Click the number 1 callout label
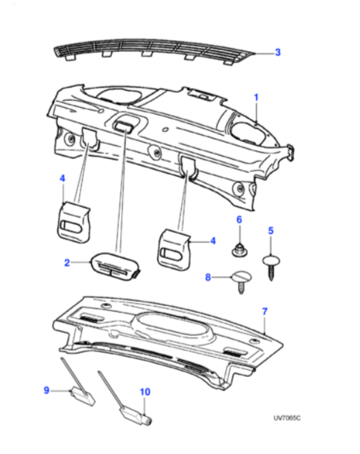tap(256, 98)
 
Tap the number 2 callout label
tap(67, 261)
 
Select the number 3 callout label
tap(277, 52)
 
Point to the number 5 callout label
tap(271, 231)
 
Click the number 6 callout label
tap(239, 219)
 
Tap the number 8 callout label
tap(209, 277)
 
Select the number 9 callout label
tap(47, 391)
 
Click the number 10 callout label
tap(144, 392)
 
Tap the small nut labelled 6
tap(239, 250)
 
